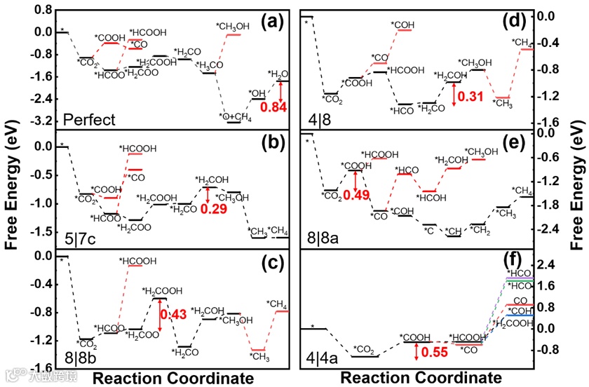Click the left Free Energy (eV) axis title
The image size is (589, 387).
tap(12, 191)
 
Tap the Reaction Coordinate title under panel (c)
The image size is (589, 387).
tap(173, 379)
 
